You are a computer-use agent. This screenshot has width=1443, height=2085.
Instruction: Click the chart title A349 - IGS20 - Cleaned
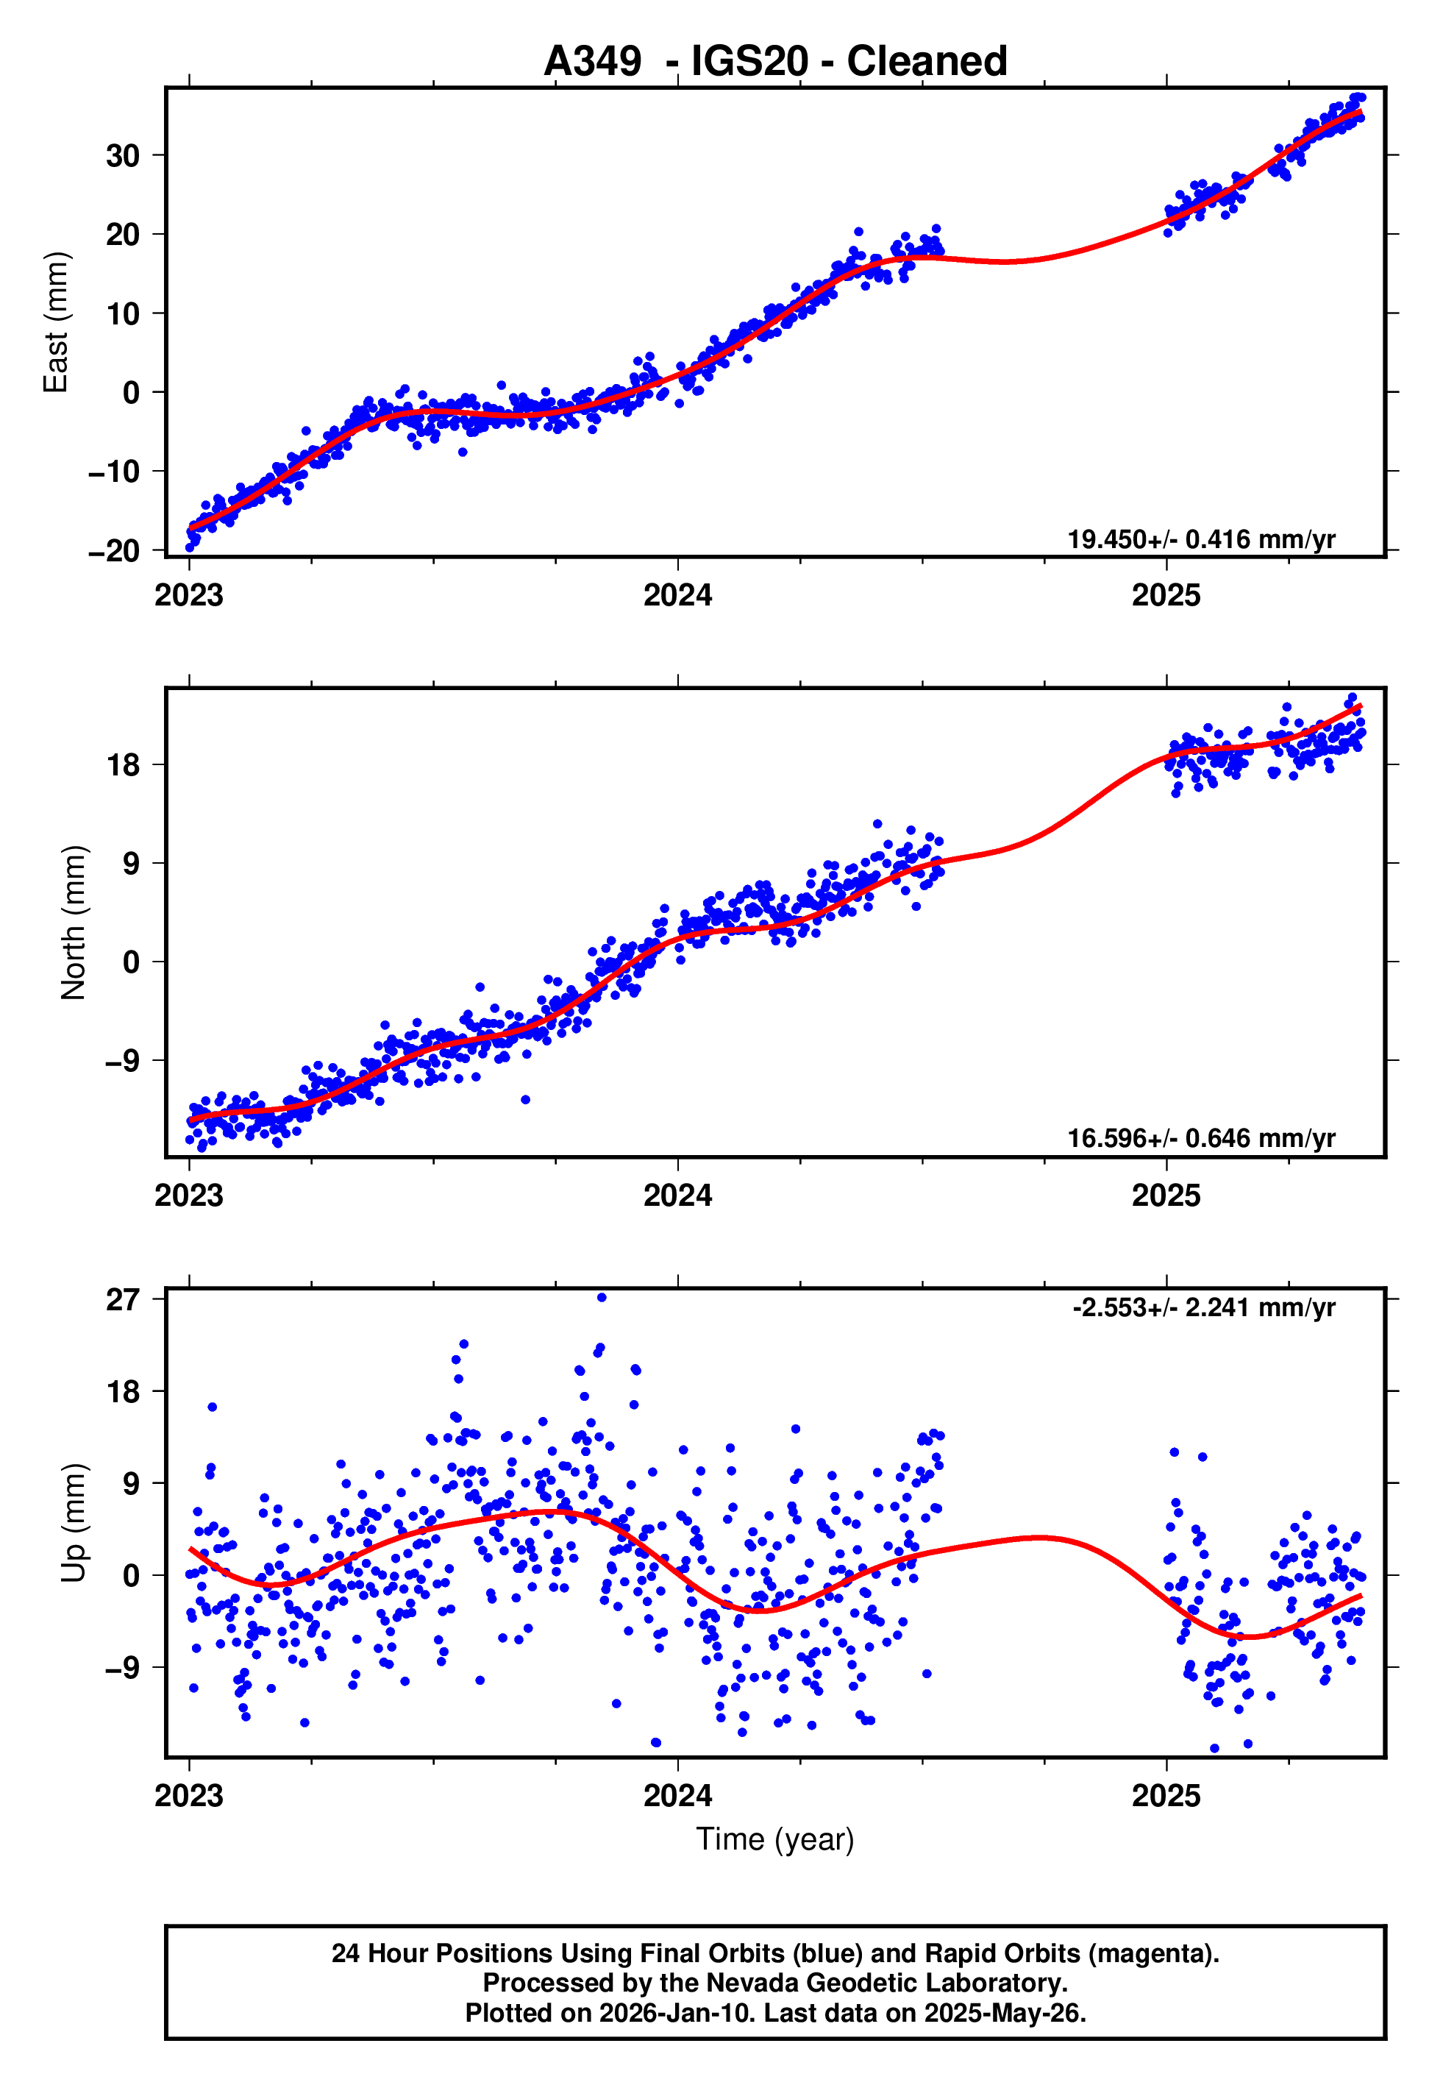point(775,62)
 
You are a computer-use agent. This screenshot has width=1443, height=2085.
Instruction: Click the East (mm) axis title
point(56,322)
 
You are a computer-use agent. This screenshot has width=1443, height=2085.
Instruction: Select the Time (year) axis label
point(775,1840)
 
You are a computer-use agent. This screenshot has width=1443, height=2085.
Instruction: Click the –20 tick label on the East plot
point(114,550)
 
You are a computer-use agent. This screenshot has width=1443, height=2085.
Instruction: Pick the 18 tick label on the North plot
point(123,765)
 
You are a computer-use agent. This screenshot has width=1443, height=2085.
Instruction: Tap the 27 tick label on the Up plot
point(123,1300)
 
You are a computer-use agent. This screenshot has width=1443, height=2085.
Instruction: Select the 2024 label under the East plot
point(677,596)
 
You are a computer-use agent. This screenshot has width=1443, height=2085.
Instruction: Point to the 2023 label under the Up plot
point(188,1796)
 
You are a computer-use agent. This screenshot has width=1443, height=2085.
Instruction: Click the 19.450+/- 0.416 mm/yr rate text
point(1201,540)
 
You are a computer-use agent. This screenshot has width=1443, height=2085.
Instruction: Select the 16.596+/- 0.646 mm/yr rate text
point(1201,1138)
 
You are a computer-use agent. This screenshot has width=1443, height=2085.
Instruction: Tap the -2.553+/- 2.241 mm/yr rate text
point(1203,1307)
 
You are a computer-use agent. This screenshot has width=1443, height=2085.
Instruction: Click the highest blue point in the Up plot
point(602,1298)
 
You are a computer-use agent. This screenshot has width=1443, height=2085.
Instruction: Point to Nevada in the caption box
point(749,1983)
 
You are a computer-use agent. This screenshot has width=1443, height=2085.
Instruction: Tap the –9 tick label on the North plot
point(123,1061)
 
